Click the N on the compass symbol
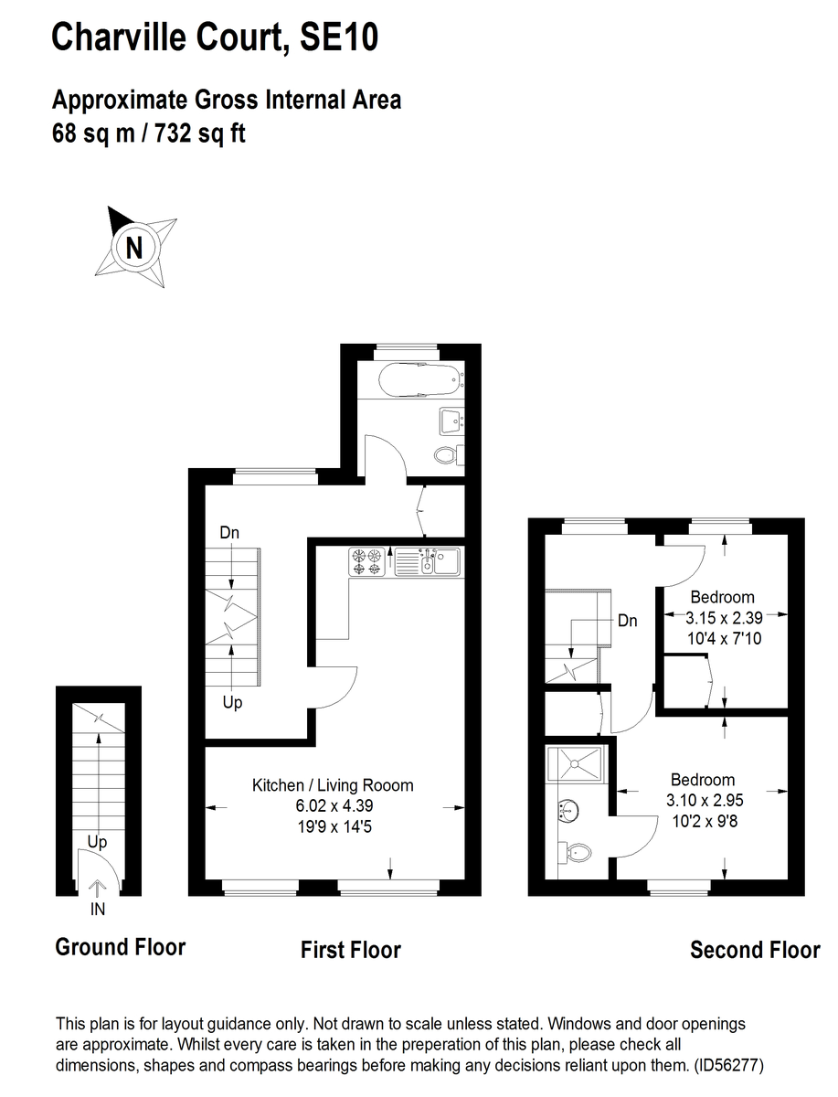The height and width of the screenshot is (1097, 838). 134,248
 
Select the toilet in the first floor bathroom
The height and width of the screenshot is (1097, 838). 449,454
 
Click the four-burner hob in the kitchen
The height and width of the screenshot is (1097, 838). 367,561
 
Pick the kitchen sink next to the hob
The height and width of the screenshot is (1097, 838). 427,561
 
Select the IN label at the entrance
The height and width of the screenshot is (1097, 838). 98,909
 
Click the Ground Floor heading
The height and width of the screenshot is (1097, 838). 121,947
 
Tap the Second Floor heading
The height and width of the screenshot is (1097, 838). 755,950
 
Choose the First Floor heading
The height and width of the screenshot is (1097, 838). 351,950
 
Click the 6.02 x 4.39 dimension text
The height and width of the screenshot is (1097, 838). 334,805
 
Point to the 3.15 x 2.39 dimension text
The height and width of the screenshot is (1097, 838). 724,618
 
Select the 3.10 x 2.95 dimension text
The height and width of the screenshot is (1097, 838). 705,800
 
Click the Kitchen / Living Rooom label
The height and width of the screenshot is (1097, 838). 333,785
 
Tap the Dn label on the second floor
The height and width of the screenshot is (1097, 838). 627,621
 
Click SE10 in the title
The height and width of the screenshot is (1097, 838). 339,37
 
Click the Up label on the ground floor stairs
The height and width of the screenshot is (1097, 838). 97,842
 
